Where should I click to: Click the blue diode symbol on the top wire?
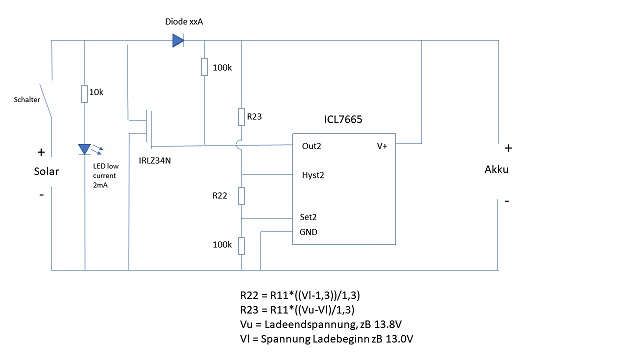point(178,40)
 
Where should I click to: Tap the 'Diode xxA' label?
point(184,22)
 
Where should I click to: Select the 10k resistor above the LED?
point(84,94)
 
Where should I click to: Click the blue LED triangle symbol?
point(84,149)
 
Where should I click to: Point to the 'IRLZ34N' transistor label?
point(155,161)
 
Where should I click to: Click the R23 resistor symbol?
point(242,117)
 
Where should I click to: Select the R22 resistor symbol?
point(242,196)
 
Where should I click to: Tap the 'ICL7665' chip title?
point(343,119)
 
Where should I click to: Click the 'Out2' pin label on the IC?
point(311,146)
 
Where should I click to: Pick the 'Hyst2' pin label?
point(313,175)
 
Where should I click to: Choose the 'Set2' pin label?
point(308,217)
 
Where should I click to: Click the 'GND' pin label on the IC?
point(308,232)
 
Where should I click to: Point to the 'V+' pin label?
point(382,146)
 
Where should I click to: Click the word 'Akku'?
point(496,169)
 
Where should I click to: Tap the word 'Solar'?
point(47,171)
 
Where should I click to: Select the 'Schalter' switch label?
point(27,100)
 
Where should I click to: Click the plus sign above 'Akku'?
point(508,148)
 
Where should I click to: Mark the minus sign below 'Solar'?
point(41,195)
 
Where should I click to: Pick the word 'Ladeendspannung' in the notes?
point(310,325)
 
